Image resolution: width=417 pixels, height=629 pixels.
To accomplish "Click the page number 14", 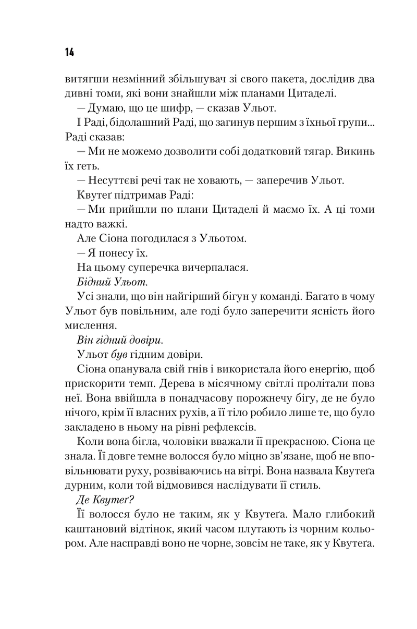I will click(x=69, y=52).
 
